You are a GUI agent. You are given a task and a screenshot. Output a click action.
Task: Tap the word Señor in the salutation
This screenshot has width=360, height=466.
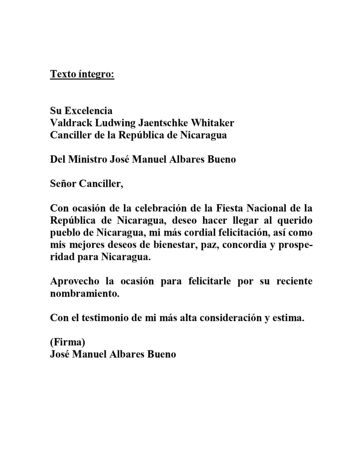click(63, 184)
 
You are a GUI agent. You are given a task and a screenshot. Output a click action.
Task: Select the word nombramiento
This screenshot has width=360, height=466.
click(84, 294)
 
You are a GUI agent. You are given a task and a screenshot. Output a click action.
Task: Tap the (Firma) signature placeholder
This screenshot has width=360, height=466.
click(67, 342)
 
